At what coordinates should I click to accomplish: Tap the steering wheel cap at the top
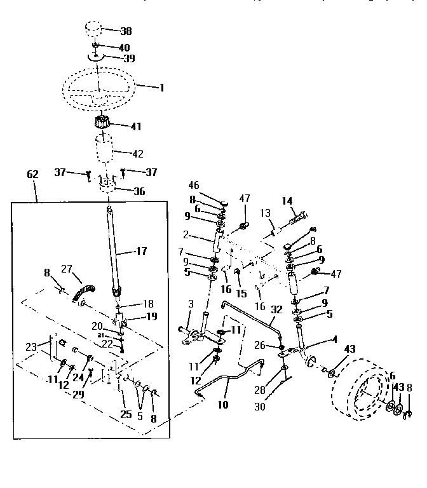(93, 30)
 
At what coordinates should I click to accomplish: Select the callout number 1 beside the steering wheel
(161, 88)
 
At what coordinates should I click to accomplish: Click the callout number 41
(135, 126)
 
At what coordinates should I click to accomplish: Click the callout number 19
(150, 316)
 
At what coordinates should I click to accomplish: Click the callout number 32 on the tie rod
(276, 310)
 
